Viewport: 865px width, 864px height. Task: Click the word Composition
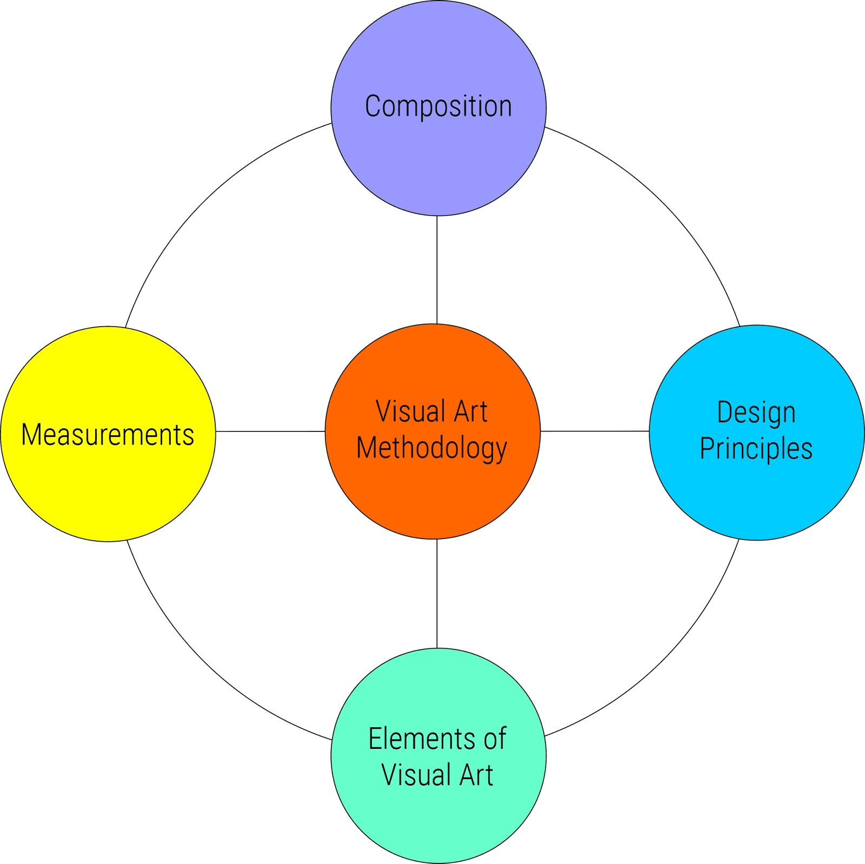click(438, 107)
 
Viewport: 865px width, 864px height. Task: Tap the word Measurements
click(108, 435)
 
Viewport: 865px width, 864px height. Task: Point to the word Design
click(756, 413)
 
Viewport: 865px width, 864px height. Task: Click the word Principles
click(756, 449)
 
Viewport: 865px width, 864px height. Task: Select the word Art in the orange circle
click(470, 411)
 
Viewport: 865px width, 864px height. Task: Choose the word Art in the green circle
click(476, 775)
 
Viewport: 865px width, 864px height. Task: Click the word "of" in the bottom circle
click(495, 739)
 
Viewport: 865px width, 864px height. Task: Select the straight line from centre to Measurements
click(270, 431)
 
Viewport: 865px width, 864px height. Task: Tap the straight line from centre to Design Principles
click(595, 431)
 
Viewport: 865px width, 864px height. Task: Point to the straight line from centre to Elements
click(437, 593)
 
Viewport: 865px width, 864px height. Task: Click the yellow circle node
click(108, 487)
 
